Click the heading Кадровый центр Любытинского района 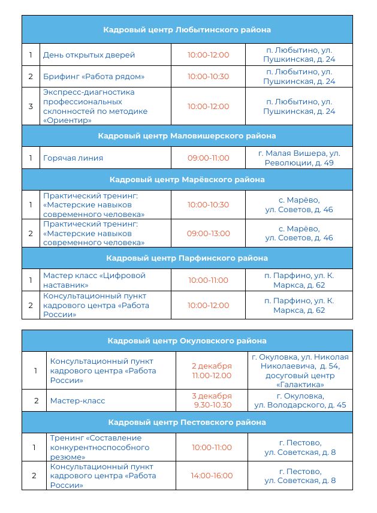pyautogui.click(x=187, y=29)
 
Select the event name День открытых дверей pyautogui.click(x=89, y=55)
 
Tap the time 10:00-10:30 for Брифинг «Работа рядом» pyautogui.click(x=208, y=76)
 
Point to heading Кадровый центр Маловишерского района pyautogui.click(x=187, y=135)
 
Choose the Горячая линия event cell pyautogui.click(x=73, y=158)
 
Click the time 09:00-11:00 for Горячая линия pyautogui.click(x=208, y=158)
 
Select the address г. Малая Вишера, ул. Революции pyautogui.click(x=299, y=158)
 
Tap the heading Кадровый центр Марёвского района pyautogui.click(x=187, y=179)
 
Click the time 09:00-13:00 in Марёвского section pyautogui.click(x=208, y=233)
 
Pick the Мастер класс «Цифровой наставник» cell pyautogui.click(x=94, y=280)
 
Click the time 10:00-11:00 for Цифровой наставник pyautogui.click(x=208, y=280)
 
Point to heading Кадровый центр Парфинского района pyautogui.click(x=187, y=258)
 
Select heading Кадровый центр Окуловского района pyautogui.click(x=187, y=340)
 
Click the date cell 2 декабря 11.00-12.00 pyautogui.click(x=212, y=370)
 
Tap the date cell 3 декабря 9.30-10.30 pyautogui.click(x=212, y=400)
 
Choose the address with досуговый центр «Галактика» pyautogui.click(x=300, y=370)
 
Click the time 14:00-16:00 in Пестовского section pyautogui.click(x=212, y=476)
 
